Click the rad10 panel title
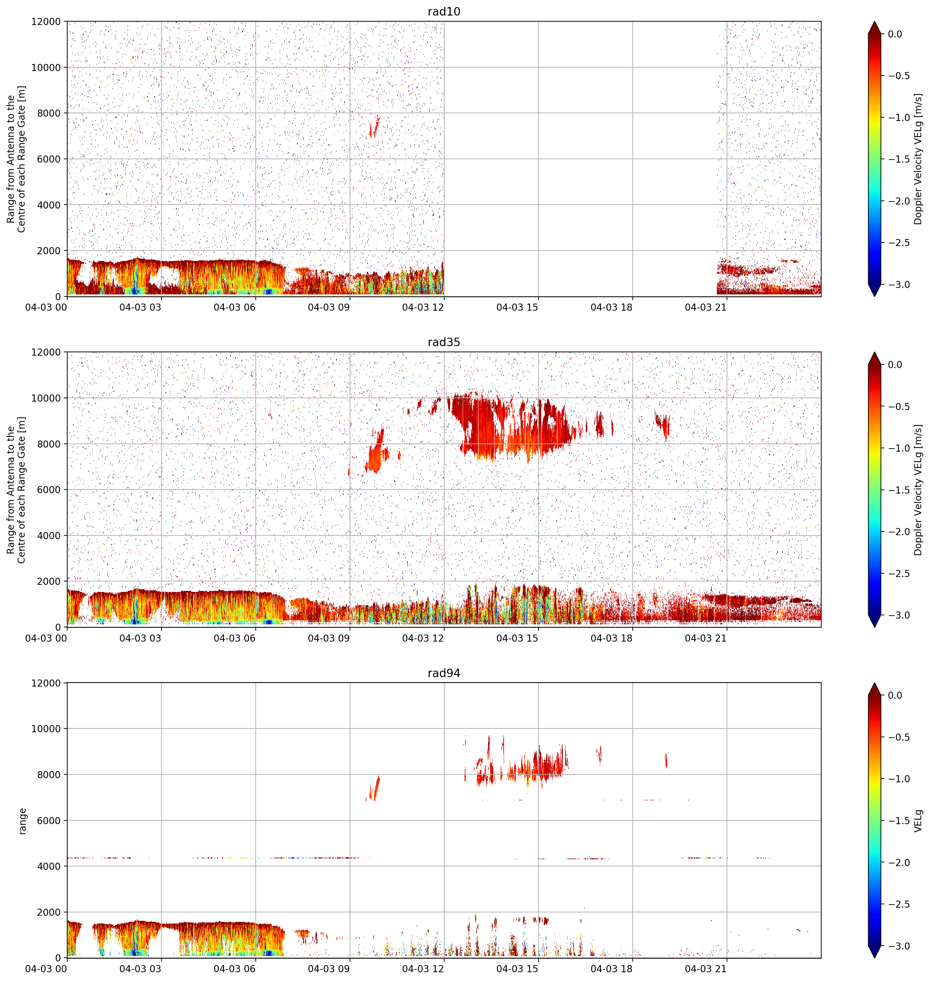444,11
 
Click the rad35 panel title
444,342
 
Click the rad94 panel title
444,673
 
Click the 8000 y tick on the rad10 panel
49,113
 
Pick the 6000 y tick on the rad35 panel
49,489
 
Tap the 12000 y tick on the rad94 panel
46,683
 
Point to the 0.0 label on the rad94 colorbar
895,695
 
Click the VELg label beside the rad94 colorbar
919,820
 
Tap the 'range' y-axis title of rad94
22,821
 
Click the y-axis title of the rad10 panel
16,159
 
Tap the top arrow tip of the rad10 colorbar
875,21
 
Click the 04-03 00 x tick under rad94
46,968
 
